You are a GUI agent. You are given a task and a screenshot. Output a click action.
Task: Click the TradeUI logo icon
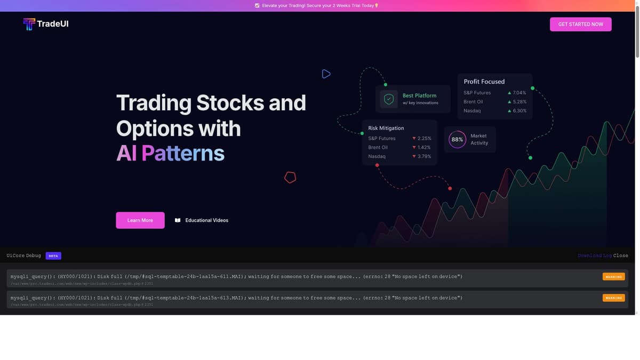pos(29,24)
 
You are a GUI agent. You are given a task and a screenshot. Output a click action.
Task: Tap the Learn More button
pos(140,220)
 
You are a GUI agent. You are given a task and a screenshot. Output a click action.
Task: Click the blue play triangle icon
pos(326,74)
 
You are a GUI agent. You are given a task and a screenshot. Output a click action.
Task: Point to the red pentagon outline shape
pos(290,177)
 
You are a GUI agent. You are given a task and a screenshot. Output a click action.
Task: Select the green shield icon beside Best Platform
pos(389,99)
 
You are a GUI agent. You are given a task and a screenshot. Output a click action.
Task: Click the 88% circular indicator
pos(457,140)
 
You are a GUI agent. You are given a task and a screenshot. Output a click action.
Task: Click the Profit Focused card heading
pos(484,82)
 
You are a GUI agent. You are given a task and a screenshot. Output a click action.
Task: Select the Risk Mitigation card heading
pos(386,128)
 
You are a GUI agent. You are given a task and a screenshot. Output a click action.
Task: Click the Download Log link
pos(594,255)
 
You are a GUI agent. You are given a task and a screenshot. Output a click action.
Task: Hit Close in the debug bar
pos(621,255)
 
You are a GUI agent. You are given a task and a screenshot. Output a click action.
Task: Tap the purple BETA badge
pos(53,256)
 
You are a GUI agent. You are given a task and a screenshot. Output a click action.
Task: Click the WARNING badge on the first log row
pos(613,277)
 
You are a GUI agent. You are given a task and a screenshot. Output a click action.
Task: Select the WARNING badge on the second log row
pos(613,298)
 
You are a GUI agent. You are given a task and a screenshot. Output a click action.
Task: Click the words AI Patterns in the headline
pos(170,154)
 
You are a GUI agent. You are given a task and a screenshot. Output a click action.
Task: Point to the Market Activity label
pos(479,139)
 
